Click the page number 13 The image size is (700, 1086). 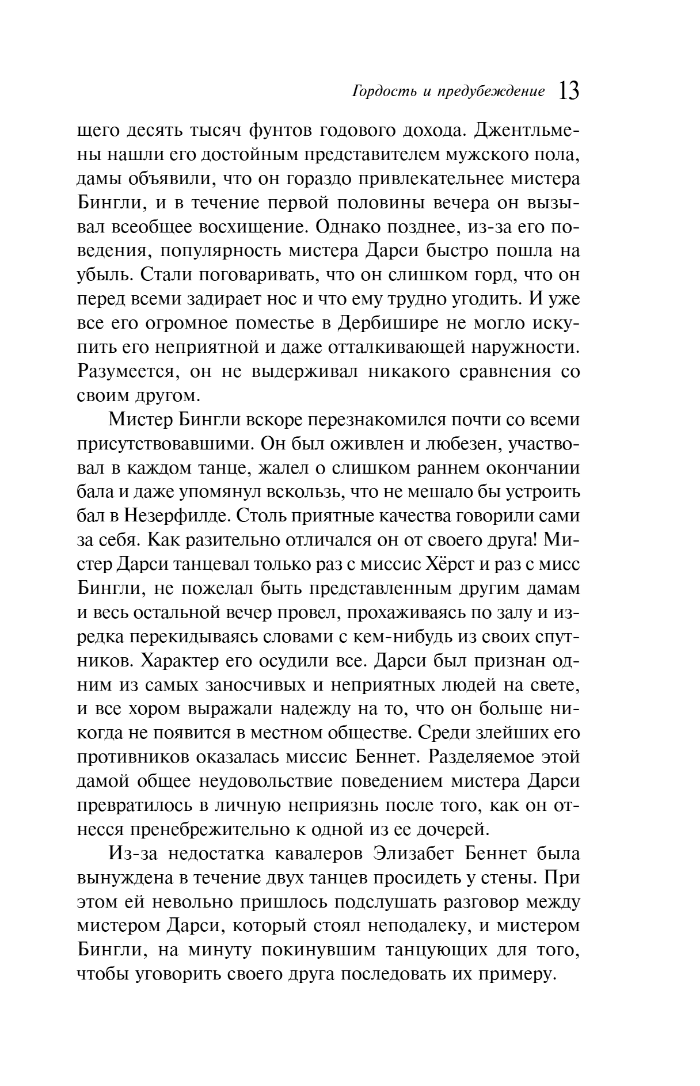(x=568, y=92)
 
